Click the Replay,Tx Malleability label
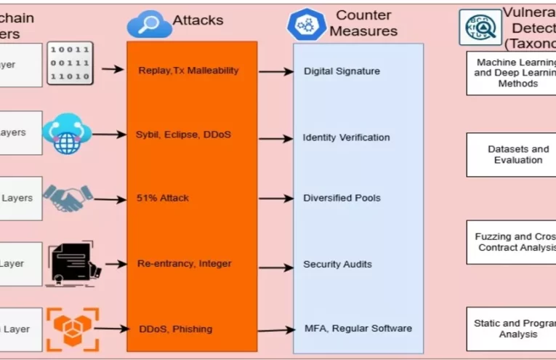(x=188, y=71)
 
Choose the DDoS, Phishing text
(x=175, y=329)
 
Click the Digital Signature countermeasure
(x=342, y=71)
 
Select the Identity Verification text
(x=346, y=137)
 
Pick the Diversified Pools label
(x=342, y=198)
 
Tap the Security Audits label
(x=337, y=264)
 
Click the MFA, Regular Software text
(x=357, y=328)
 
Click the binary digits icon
(x=70, y=64)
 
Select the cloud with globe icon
(x=66, y=133)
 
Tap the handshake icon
(x=68, y=198)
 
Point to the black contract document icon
(x=70, y=263)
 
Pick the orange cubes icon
(x=71, y=328)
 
